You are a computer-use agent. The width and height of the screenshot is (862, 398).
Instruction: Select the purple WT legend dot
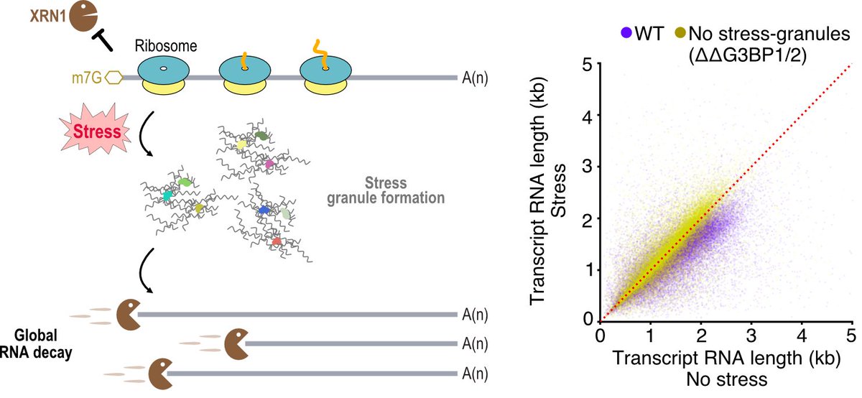(x=627, y=32)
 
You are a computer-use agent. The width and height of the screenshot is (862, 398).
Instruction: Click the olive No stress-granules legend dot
(x=679, y=32)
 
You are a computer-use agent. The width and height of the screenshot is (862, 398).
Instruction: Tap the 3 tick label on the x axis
(x=751, y=335)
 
